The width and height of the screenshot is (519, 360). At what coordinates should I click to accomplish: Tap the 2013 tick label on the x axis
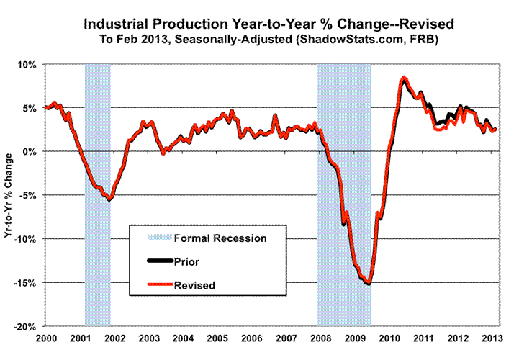(x=491, y=338)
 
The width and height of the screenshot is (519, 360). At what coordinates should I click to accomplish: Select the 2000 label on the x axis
(x=46, y=338)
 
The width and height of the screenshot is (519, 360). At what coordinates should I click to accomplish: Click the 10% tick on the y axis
(x=27, y=65)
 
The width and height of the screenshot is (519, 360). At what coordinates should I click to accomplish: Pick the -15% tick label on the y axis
(x=26, y=282)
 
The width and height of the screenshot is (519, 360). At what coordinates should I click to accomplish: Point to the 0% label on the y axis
(x=30, y=152)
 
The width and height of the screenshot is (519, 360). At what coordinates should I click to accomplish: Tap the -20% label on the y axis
(x=26, y=326)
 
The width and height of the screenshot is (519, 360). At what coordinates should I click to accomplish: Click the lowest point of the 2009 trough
(x=368, y=284)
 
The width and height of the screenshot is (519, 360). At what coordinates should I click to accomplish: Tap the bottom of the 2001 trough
(x=109, y=199)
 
